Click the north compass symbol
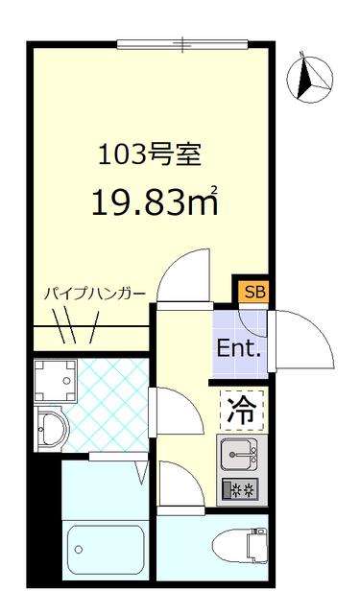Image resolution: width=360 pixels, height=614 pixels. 311,79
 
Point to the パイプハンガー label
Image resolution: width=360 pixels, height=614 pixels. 94,295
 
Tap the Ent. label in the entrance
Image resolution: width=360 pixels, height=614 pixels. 239,348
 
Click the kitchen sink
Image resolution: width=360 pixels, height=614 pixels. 239,452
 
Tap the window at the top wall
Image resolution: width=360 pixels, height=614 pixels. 182,43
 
